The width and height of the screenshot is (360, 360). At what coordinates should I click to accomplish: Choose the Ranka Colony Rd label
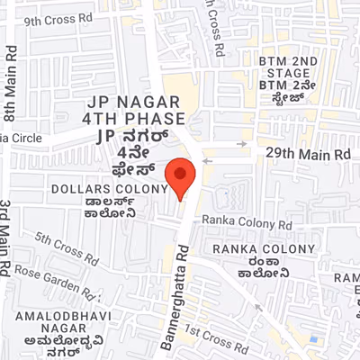click(247, 221)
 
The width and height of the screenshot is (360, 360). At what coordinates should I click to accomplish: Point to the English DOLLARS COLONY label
click(110, 189)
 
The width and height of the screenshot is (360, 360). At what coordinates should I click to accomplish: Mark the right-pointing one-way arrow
click(241, 141)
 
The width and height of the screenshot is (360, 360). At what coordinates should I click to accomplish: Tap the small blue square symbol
click(313, 338)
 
